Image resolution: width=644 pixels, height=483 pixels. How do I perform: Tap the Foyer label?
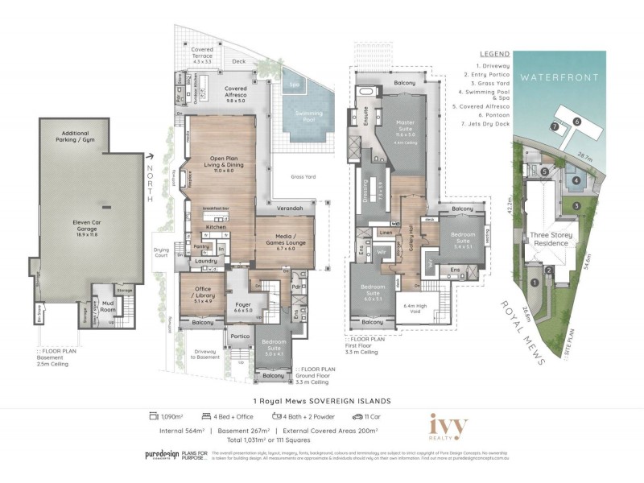tap(243, 307)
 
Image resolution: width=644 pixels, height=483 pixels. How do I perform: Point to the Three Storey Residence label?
tap(551, 239)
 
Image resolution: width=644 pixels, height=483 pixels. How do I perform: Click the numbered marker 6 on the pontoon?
tap(576, 121)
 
